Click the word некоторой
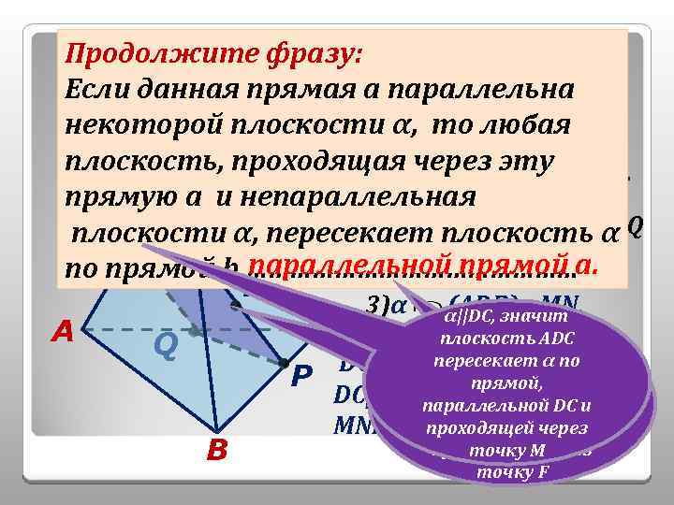click(x=139, y=126)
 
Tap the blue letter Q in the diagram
click(x=166, y=346)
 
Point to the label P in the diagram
click(x=300, y=375)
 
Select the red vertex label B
click(x=217, y=452)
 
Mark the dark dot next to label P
click(x=282, y=362)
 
